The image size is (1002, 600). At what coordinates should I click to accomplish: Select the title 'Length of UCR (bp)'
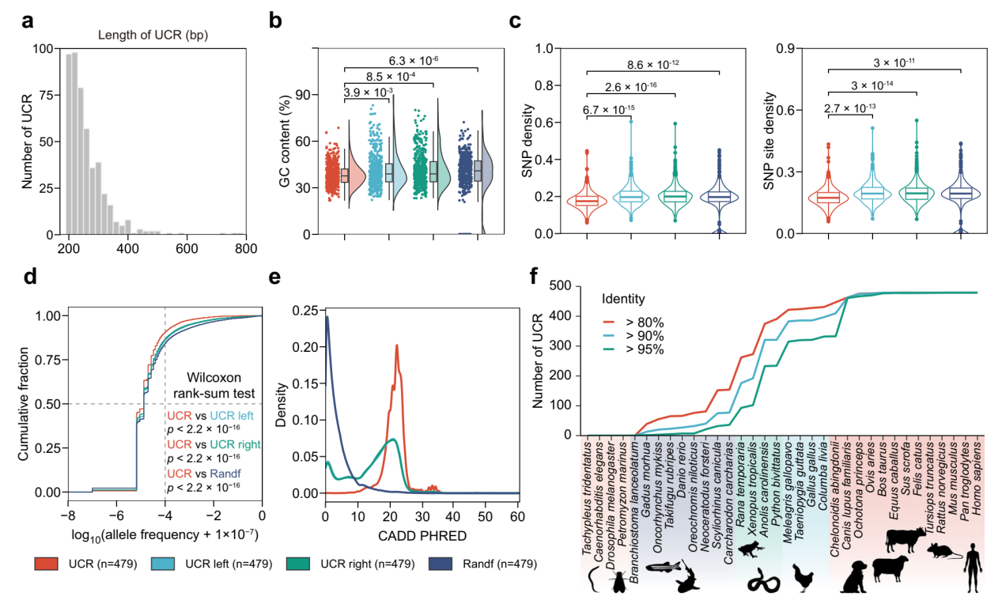146,34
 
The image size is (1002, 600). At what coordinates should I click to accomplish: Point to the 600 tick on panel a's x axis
187,247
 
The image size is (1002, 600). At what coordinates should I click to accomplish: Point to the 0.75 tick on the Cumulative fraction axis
51,359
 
